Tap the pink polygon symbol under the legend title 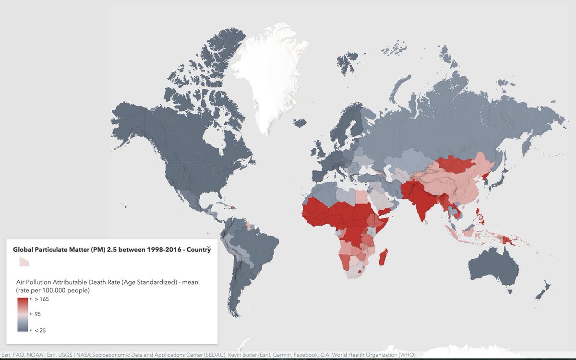coord(24,262)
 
